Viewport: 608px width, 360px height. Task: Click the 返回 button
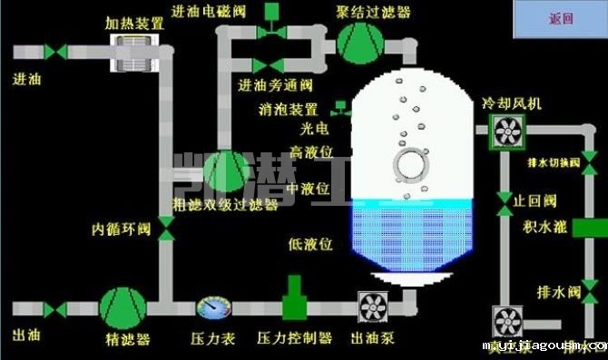click(x=562, y=18)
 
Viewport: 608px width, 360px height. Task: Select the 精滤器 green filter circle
click(x=121, y=308)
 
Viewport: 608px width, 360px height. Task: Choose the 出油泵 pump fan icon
click(x=372, y=308)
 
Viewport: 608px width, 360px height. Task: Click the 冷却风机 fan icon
click(x=503, y=131)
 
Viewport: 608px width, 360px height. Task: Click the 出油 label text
click(x=25, y=335)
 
